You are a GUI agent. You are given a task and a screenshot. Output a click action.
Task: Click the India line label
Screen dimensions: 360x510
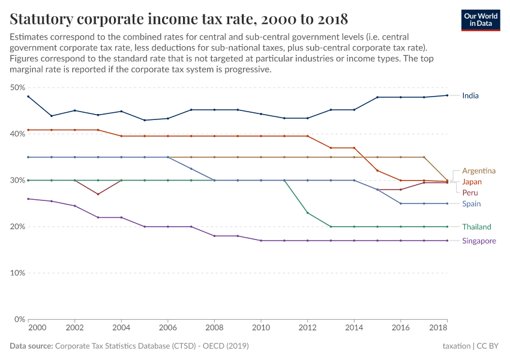coord(470,95)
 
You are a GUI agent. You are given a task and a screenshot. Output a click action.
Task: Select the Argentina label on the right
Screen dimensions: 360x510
coord(478,171)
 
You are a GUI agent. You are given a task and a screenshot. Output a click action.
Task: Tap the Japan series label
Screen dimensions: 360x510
coord(472,182)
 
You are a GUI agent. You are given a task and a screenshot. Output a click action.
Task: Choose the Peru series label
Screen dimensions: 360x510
coord(470,193)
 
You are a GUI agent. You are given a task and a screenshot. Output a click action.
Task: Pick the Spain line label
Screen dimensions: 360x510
coord(471,204)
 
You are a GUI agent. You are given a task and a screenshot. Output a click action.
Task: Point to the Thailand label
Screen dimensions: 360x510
coord(476,227)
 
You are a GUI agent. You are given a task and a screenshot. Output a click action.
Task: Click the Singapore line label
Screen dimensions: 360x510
coord(479,241)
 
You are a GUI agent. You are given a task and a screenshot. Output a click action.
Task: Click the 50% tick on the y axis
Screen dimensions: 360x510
coord(17,88)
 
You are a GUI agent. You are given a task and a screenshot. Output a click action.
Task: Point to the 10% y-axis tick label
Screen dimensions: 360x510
coord(17,273)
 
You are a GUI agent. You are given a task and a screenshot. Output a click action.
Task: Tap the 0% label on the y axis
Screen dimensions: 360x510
coord(19,319)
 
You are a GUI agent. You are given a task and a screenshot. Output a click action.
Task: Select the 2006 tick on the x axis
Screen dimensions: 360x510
coord(168,329)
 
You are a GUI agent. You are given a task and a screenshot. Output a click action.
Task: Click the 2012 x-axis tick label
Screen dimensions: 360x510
coord(308,329)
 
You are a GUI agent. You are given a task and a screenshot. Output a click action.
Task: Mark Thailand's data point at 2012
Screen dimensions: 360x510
coord(308,213)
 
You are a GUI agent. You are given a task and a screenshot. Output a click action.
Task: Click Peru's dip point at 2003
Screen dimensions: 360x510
coord(98,194)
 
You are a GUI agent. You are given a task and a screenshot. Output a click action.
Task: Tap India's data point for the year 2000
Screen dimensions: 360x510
coord(28,97)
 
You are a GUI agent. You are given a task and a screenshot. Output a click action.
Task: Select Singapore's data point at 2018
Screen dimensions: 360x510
coord(447,241)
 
